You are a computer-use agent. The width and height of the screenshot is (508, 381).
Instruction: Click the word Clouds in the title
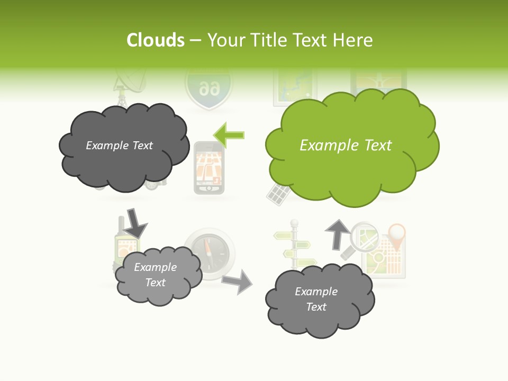tap(156, 40)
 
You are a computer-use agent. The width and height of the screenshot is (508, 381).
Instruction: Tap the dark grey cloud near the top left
tap(123, 147)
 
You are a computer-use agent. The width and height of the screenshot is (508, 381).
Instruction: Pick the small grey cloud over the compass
tap(158, 275)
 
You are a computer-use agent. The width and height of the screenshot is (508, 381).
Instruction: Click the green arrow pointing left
tap(229, 135)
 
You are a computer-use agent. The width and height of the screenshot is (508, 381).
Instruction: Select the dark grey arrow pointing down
tap(135, 223)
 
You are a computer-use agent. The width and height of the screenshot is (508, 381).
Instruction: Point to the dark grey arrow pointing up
tap(337, 233)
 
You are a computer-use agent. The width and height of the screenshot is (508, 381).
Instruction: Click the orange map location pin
tap(396, 235)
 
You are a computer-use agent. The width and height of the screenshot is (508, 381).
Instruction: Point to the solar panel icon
tap(277, 194)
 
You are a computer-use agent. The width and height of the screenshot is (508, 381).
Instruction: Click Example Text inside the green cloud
tap(346, 146)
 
